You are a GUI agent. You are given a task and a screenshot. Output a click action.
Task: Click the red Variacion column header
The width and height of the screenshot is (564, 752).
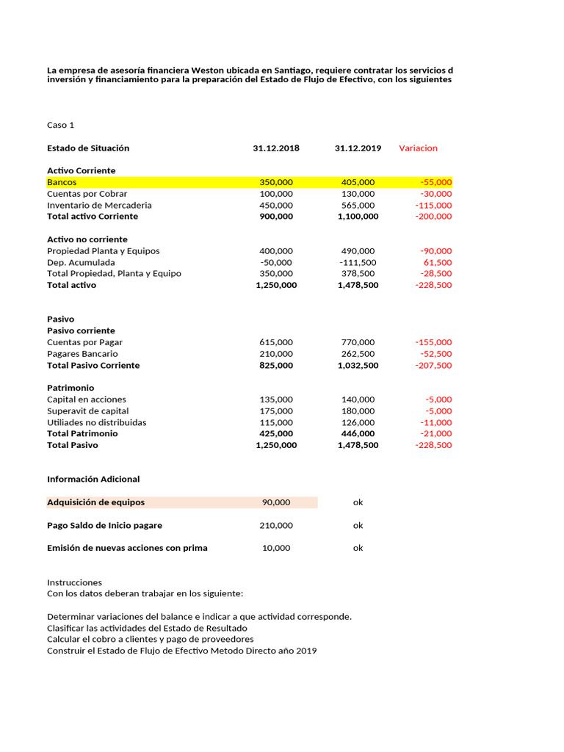click(418, 148)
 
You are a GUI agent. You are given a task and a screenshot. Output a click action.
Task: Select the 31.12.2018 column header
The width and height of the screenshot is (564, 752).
click(276, 148)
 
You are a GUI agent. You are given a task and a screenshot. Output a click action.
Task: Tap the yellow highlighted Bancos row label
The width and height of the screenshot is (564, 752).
click(62, 182)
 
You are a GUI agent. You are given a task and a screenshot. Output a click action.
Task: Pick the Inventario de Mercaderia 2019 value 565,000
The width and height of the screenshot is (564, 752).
click(358, 205)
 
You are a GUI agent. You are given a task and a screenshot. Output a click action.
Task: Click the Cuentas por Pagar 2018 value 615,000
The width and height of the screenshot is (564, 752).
click(276, 342)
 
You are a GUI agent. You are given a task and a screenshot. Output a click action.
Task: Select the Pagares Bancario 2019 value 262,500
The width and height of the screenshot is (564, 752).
click(358, 353)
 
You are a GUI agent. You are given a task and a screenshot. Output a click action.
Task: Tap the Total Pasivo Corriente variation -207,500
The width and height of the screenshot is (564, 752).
click(433, 365)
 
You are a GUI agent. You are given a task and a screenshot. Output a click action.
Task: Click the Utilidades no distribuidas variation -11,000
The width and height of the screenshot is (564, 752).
click(436, 422)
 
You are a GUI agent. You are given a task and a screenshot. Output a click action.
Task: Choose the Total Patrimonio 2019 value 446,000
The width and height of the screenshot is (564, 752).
click(358, 433)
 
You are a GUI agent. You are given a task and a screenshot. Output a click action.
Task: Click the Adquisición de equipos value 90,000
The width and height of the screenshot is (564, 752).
click(276, 502)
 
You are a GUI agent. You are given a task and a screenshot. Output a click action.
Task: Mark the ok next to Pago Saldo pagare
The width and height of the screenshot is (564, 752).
click(358, 525)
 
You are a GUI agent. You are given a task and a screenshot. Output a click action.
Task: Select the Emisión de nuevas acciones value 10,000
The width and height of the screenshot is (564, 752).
click(276, 548)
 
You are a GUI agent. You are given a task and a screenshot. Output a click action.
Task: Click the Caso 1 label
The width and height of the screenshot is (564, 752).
click(61, 125)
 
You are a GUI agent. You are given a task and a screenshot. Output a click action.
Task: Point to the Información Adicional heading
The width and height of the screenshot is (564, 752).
click(93, 479)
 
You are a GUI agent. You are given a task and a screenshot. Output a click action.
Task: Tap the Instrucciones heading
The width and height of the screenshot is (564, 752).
click(74, 582)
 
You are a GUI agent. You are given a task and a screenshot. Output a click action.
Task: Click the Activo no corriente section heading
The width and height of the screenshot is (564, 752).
click(87, 239)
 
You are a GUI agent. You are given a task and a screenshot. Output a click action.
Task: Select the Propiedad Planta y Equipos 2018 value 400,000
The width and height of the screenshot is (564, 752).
click(276, 250)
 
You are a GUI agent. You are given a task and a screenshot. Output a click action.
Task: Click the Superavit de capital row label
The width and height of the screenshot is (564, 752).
click(87, 411)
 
